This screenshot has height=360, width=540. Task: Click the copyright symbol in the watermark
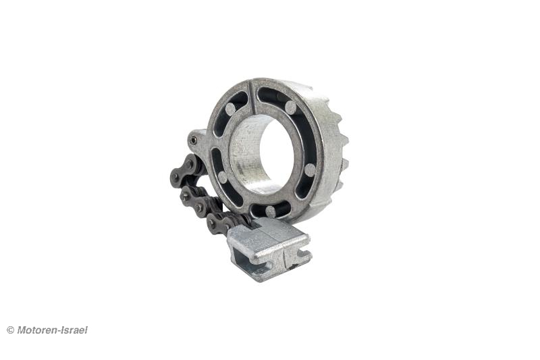click(x=10, y=330)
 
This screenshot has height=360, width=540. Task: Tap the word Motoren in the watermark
click(x=38, y=330)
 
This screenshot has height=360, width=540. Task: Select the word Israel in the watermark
click(x=75, y=330)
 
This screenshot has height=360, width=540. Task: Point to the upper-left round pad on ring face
click(x=231, y=109)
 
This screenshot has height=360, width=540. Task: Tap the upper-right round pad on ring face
click(x=290, y=107)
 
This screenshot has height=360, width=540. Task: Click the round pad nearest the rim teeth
click(x=310, y=170)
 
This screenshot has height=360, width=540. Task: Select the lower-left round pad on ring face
click(x=223, y=178)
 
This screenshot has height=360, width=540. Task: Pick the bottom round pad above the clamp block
click(x=271, y=211)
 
